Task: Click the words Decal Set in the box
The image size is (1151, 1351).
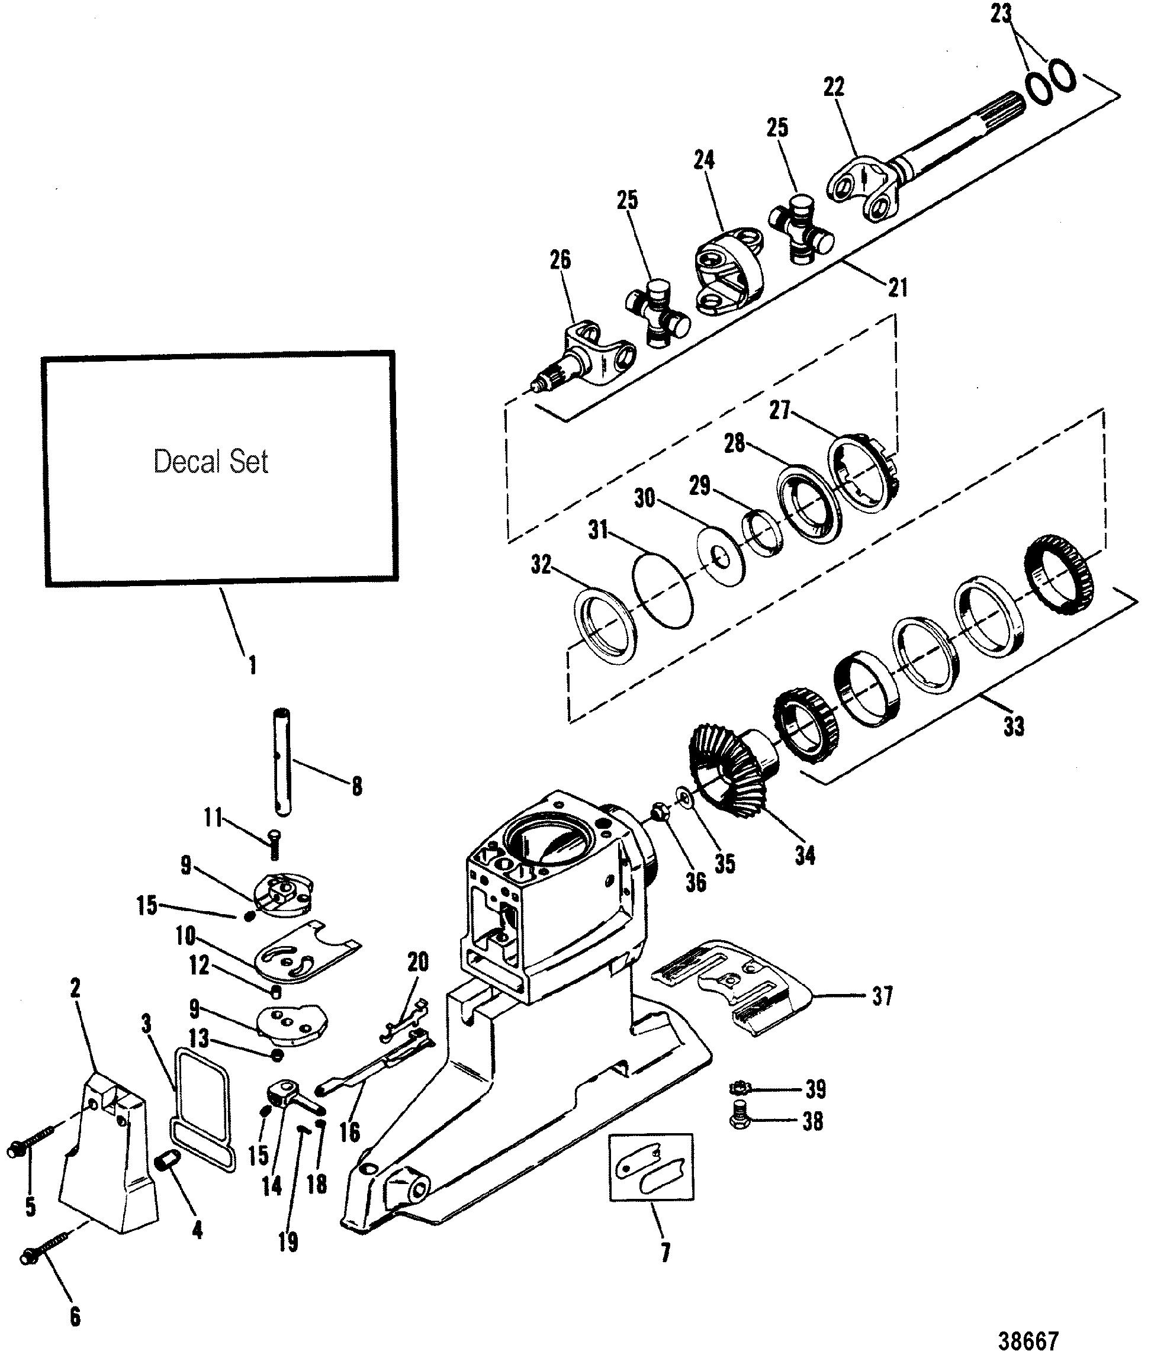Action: click(211, 462)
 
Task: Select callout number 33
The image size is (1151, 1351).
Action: click(1014, 726)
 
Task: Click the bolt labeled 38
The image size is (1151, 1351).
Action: click(740, 1120)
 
